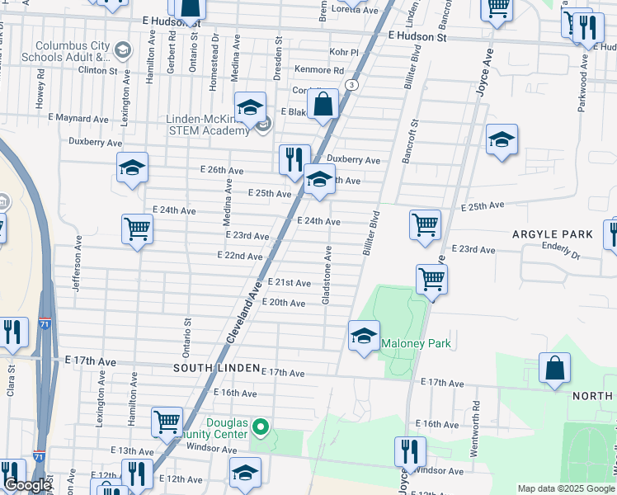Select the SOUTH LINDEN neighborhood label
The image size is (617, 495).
(216, 367)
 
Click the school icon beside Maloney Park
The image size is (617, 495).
(364, 337)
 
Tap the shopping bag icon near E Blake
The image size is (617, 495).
(323, 105)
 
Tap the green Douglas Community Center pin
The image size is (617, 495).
(261, 427)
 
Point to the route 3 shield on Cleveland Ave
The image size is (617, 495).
(352, 85)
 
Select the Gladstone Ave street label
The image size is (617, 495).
(327, 275)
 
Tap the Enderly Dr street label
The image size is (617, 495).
(562, 246)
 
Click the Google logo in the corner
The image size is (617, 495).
(27, 486)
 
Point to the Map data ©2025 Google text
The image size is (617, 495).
(566, 488)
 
